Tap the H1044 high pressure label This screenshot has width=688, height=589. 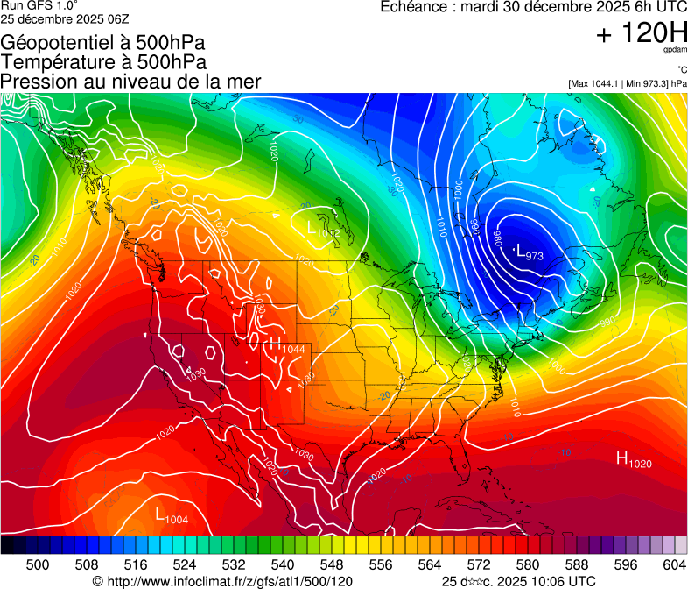coord(287,346)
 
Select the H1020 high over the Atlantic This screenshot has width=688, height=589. coord(634,458)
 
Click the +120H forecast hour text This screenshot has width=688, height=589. coord(641,34)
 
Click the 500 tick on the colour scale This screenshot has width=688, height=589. coord(38,564)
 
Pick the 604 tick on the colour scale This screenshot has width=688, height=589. coord(675,564)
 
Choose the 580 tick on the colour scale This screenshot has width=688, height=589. coord(528,564)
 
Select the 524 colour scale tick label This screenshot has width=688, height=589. coord(185,564)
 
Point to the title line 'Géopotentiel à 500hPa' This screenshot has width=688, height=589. coord(103,43)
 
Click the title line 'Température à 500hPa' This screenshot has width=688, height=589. coord(103,62)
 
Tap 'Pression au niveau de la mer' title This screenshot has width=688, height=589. coord(130,82)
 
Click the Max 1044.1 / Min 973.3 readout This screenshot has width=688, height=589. coord(628,83)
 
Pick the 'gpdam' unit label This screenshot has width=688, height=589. coord(675,52)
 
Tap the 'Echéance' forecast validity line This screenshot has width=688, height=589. coord(533,7)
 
